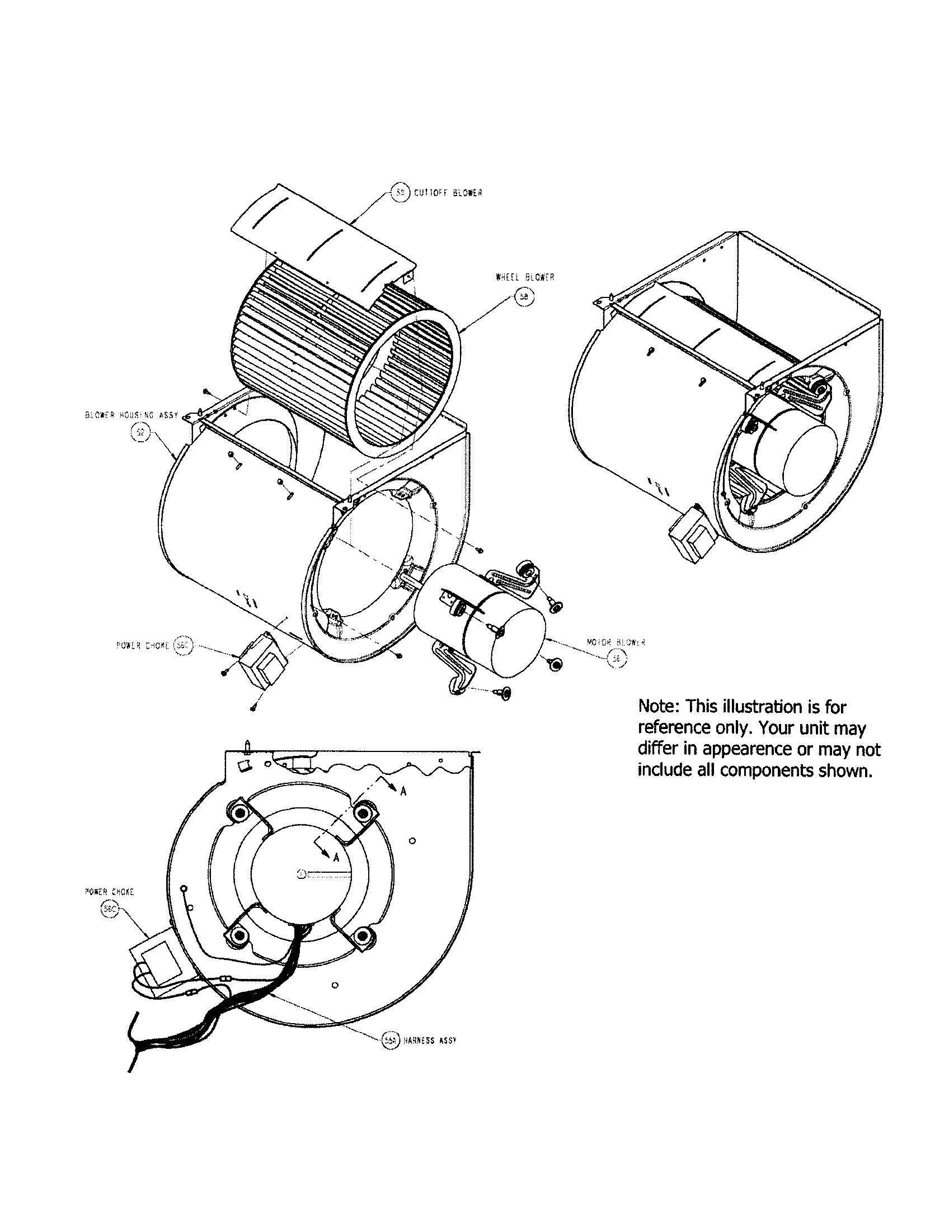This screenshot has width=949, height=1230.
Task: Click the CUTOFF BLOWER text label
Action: point(448,193)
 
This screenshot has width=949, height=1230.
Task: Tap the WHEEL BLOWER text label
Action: point(525,277)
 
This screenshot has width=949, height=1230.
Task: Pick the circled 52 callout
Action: point(139,433)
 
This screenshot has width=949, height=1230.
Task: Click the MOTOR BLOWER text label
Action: point(616,642)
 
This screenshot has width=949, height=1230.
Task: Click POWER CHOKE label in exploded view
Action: point(143,646)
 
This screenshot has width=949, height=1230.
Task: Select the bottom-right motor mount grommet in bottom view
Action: point(363,936)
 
